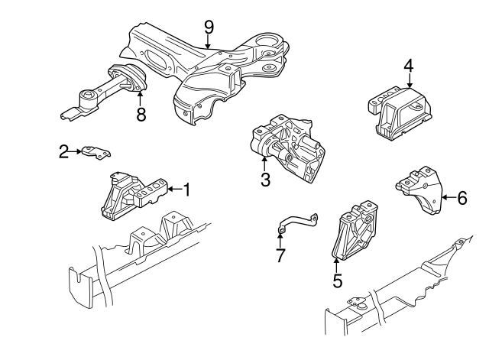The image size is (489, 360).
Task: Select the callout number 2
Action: (x=63, y=152)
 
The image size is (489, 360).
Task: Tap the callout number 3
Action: (x=265, y=180)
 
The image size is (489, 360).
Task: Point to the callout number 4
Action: (x=409, y=66)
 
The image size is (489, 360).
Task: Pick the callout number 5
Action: (x=337, y=281)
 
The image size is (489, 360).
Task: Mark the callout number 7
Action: (x=280, y=255)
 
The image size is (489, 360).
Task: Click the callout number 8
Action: (x=140, y=115)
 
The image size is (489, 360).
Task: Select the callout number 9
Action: (x=209, y=27)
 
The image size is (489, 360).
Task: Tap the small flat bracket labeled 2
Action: (x=96, y=151)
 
